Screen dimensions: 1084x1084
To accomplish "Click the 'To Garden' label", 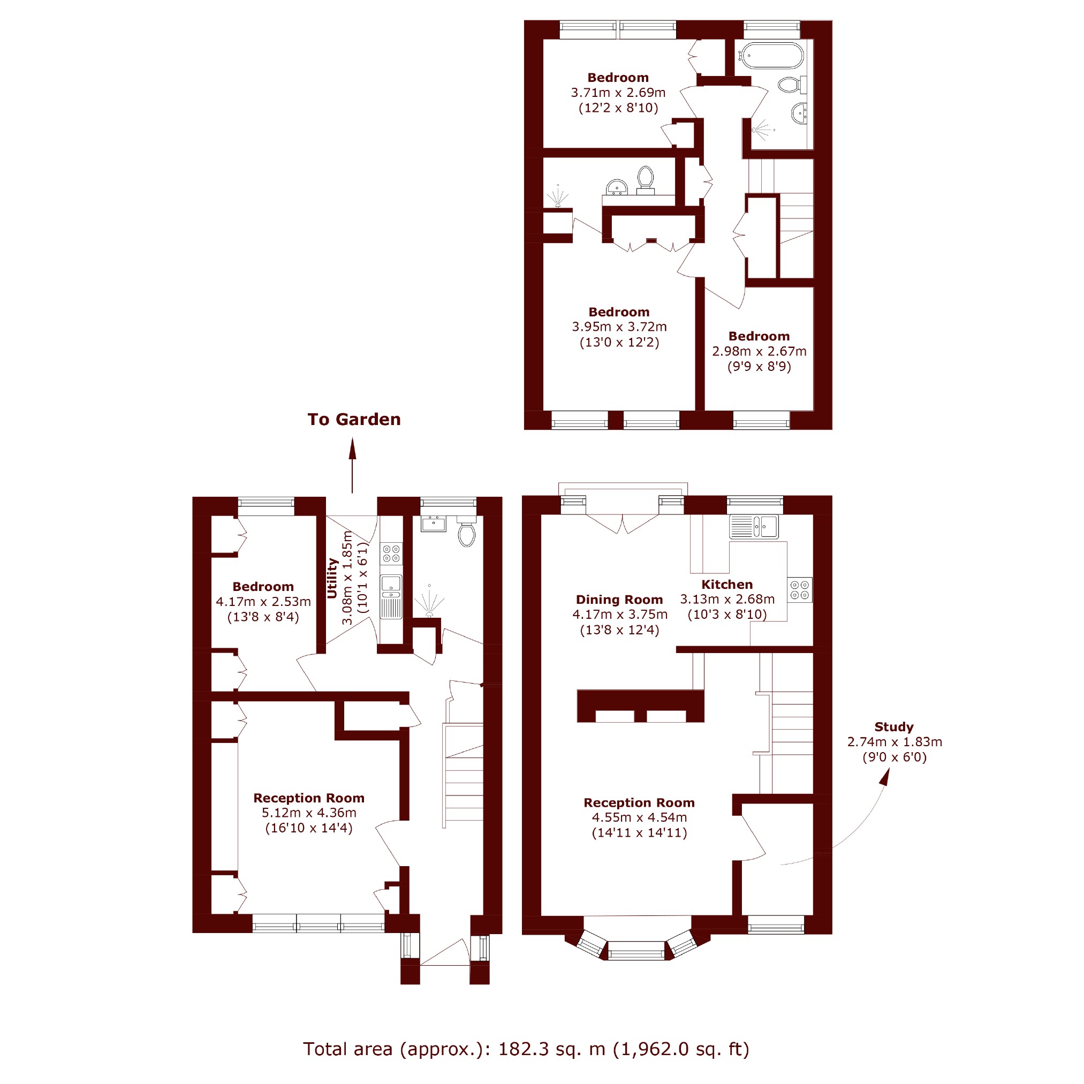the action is [x=354, y=419].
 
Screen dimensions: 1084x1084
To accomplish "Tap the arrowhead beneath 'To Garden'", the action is [x=352, y=449].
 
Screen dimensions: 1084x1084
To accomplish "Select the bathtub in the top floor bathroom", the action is [x=772, y=56].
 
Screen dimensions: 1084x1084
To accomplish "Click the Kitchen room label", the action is [x=726, y=584].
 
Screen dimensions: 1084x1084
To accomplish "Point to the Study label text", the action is [x=894, y=726].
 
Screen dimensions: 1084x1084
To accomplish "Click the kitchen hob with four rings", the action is [x=800, y=590].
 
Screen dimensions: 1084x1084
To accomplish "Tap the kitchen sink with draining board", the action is [x=754, y=526].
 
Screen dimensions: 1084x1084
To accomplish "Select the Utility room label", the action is [x=332, y=578].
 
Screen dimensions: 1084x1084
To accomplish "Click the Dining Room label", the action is [x=619, y=599].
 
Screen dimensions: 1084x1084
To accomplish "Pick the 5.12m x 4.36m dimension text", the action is [x=308, y=813].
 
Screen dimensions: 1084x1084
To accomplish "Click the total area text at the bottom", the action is [x=526, y=1049].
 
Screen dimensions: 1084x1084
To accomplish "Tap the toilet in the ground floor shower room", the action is [x=466, y=532].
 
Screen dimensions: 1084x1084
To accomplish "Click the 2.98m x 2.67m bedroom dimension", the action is [x=759, y=351].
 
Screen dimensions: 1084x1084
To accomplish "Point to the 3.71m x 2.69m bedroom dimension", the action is [x=618, y=93].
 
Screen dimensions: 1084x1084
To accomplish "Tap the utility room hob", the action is [x=391, y=553].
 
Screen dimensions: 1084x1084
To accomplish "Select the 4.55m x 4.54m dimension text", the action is [x=639, y=817].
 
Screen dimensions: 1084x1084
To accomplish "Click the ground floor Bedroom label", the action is [x=263, y=586].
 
